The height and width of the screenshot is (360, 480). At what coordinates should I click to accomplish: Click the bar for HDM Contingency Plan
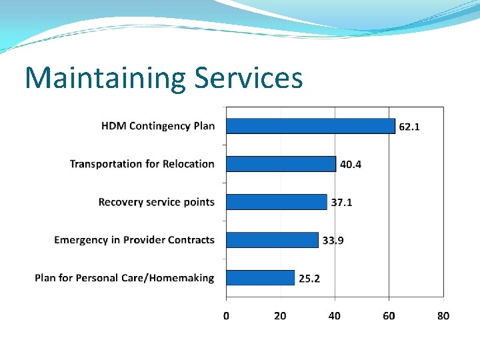tap(311, 125)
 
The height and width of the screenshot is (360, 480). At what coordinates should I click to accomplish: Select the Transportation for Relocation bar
tap(281, 164)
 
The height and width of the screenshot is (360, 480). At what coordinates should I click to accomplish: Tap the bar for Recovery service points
tap(277, 202)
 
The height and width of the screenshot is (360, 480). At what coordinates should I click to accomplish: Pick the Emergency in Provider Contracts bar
tap(272, 240)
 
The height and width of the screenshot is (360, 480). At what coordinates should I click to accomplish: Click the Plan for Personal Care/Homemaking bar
tap(260, 278)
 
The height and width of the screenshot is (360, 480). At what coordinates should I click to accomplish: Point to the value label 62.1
tap(409, 127)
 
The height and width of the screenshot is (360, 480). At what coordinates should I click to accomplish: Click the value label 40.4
tap(351, 165)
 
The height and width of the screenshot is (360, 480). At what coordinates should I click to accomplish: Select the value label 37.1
tap(341, 203)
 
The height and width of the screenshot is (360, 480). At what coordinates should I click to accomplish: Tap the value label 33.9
tap(333, 241)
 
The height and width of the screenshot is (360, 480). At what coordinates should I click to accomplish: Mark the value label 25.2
tap(309, 279)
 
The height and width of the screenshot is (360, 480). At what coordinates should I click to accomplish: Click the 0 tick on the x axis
tap(226, 315)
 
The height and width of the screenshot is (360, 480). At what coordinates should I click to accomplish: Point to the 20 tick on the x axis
tap(280, 315)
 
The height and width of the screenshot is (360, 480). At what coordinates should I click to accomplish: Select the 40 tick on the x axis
tap(335, 315)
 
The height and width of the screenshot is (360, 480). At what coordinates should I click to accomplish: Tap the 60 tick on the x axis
tap(389, 315)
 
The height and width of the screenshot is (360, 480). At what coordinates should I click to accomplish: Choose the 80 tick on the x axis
tap(443, 315)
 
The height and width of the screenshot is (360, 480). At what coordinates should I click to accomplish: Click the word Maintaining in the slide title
tap(105, 78)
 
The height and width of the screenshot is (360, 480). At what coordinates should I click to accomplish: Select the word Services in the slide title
tap(248, 78)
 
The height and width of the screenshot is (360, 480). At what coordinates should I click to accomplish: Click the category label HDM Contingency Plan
tap(158, 126)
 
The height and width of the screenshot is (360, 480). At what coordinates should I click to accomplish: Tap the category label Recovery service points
tap(157, 202)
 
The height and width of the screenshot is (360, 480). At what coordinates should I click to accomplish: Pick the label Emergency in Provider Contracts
tap(135, 240)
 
